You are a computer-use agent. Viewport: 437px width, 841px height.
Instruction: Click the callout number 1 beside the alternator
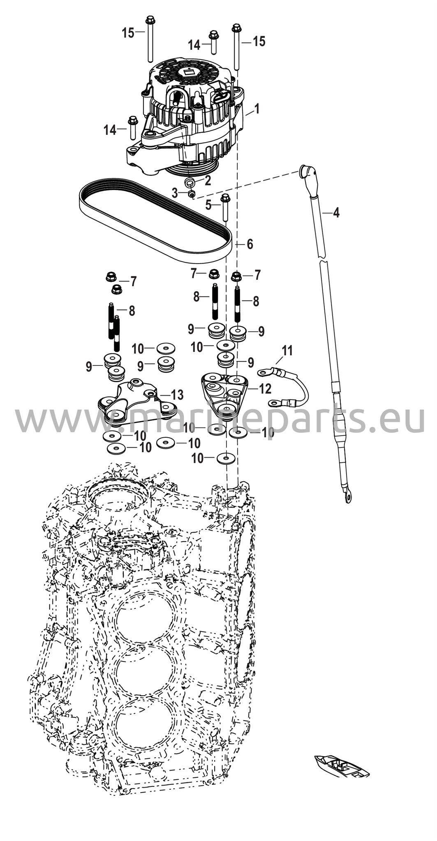(x=257, y=109)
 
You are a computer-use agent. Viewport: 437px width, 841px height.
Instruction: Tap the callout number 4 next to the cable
(x=336, y=213)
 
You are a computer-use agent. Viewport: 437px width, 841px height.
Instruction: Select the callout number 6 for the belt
(x=250, y=244)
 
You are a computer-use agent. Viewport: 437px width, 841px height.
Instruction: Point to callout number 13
(x=177, y=395)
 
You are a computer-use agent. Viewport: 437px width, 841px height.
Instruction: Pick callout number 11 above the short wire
(x=287, y=351)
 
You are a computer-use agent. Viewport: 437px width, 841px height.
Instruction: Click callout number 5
(x=208, y=204)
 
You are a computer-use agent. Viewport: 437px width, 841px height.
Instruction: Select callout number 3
(x=175, y=193)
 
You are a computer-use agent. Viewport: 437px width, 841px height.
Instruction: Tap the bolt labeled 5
(x=225, y=208)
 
